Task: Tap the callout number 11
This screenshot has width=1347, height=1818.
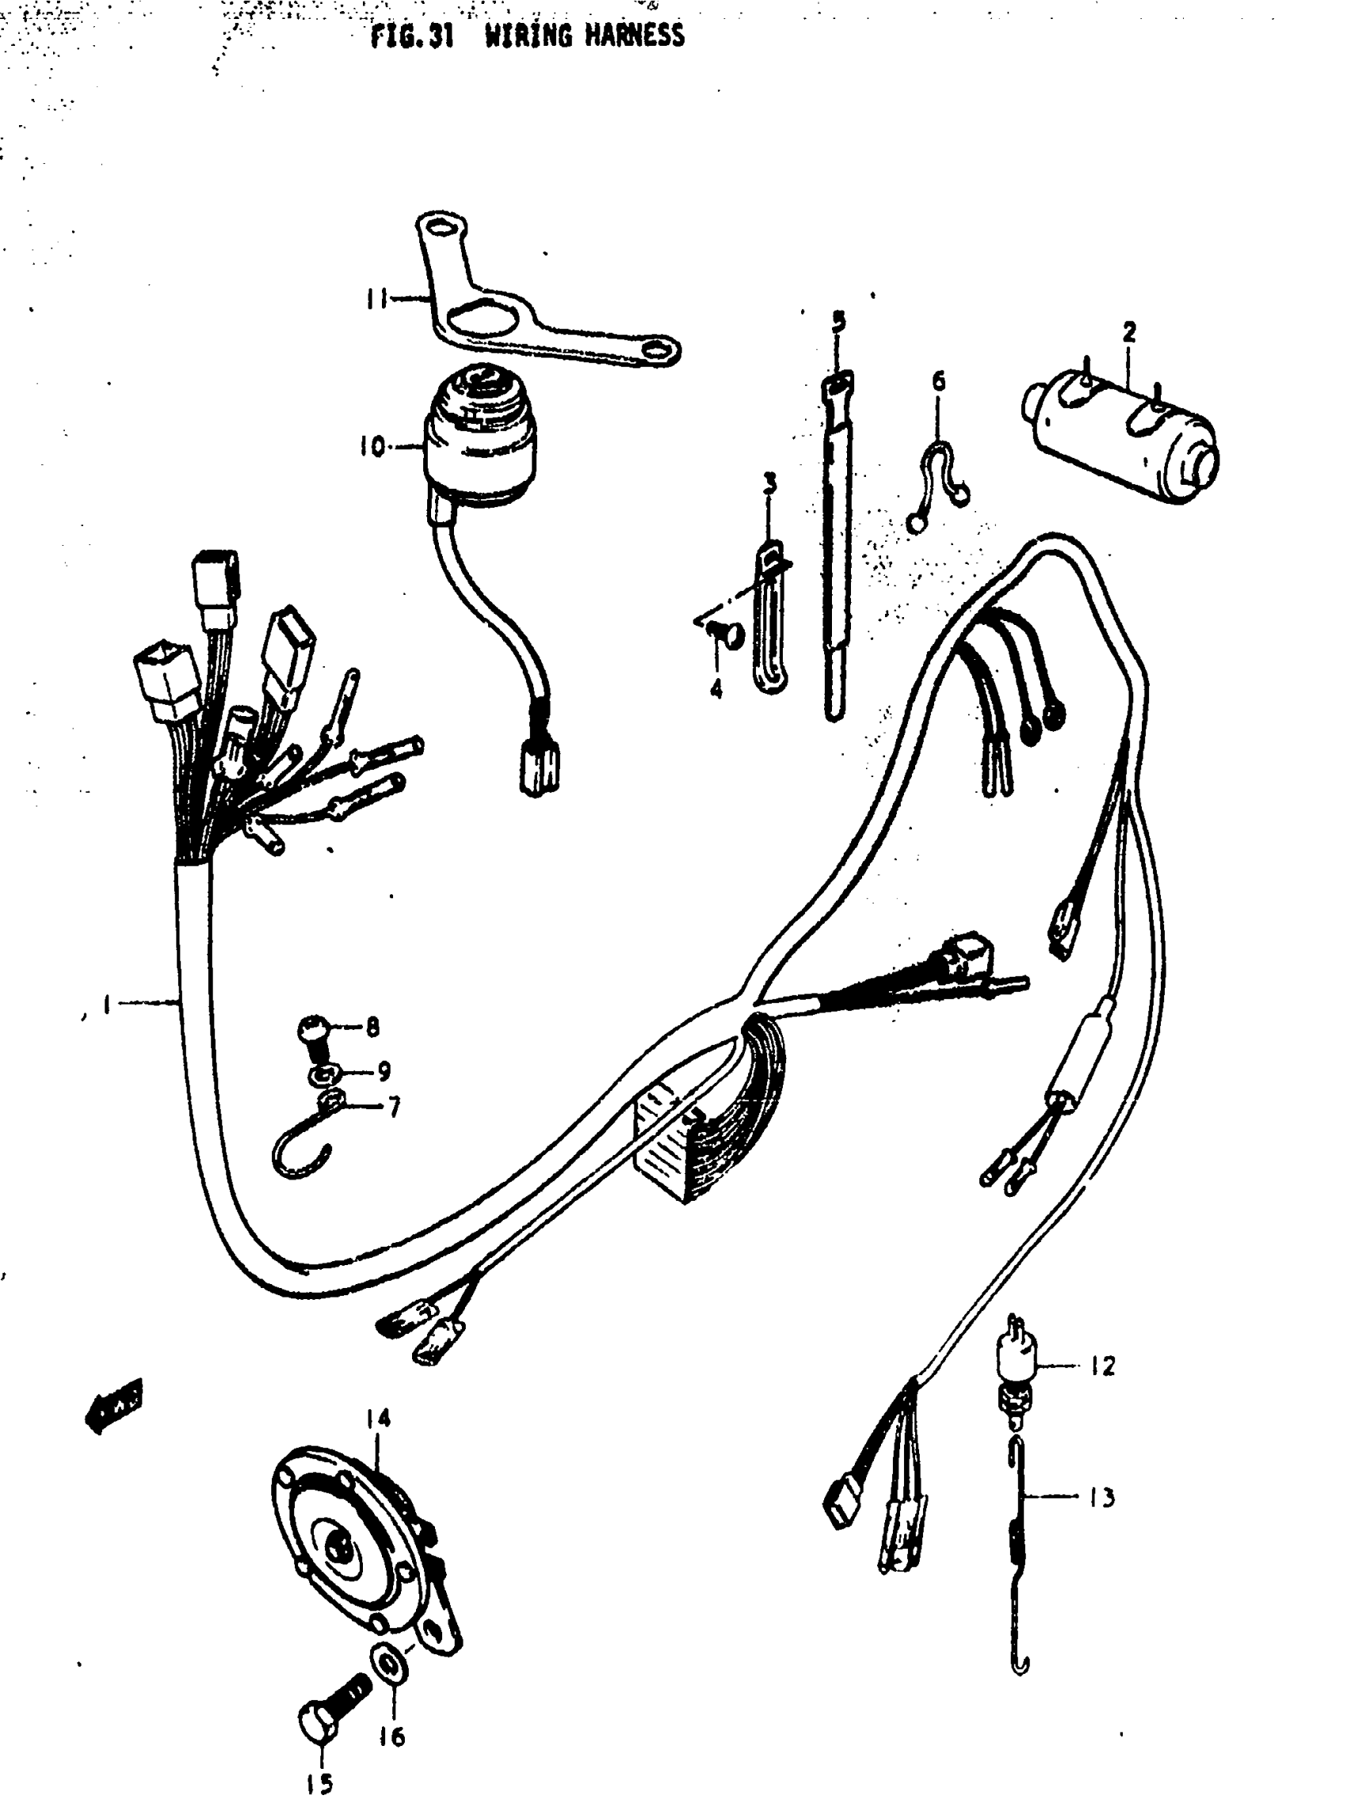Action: (x=376, y=299)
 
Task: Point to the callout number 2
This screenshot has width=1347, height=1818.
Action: (x=1128, y=332)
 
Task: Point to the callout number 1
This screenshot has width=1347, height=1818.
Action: (x=106, y=1004)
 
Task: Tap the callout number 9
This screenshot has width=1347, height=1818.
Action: (x=383, y=1070)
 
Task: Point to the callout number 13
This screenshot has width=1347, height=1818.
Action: (x=1102, y=1497)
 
